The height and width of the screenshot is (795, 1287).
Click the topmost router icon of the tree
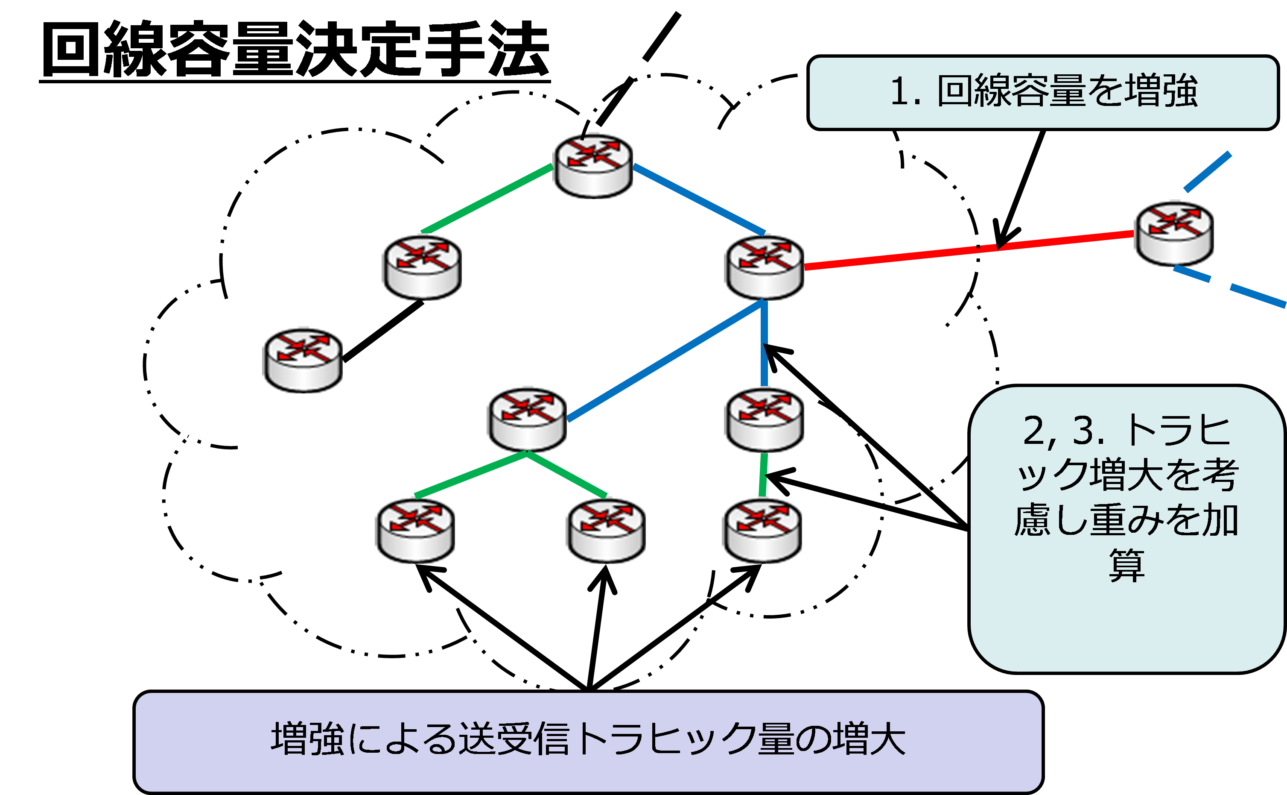coord(592,166)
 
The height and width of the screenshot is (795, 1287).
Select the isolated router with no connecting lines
coord(302,360)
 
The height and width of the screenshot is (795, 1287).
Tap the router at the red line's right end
coord(1173,233)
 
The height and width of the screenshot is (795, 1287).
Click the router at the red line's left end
coord(763,267)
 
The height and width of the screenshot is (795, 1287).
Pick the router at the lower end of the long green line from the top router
coord(421,267)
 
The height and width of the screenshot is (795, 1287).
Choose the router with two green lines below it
coord(526,419)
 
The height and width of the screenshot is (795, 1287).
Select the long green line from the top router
coord(487,199)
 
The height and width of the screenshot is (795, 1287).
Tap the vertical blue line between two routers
coord(764,343)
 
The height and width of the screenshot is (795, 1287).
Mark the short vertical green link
coord(763,474)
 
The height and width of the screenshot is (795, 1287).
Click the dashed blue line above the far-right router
coord(1207,171)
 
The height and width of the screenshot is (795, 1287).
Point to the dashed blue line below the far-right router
coord(1255,296)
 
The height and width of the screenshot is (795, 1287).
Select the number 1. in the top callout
coord(906,91)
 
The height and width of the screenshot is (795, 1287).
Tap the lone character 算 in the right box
coord(1126,566)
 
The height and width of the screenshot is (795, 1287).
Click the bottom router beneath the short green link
coord(761,530)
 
